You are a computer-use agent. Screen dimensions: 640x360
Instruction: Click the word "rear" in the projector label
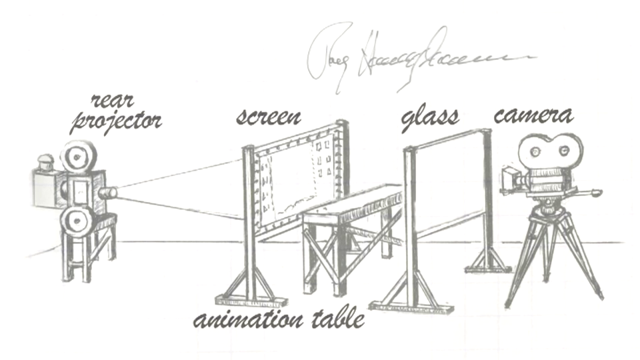click(111, 101)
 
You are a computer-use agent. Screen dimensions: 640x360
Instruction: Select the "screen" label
click(269, 117)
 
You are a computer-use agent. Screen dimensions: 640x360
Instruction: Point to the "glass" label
click(430, 118)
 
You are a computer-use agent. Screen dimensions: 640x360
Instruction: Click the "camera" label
click(533, 116)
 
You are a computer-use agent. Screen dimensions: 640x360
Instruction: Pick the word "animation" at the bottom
click(251, 320)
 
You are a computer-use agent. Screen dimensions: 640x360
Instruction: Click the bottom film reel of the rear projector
click(77, 218)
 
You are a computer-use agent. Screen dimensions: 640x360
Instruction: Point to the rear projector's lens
click(109, 193)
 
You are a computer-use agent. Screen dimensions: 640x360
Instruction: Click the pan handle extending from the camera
click(587, 194)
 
